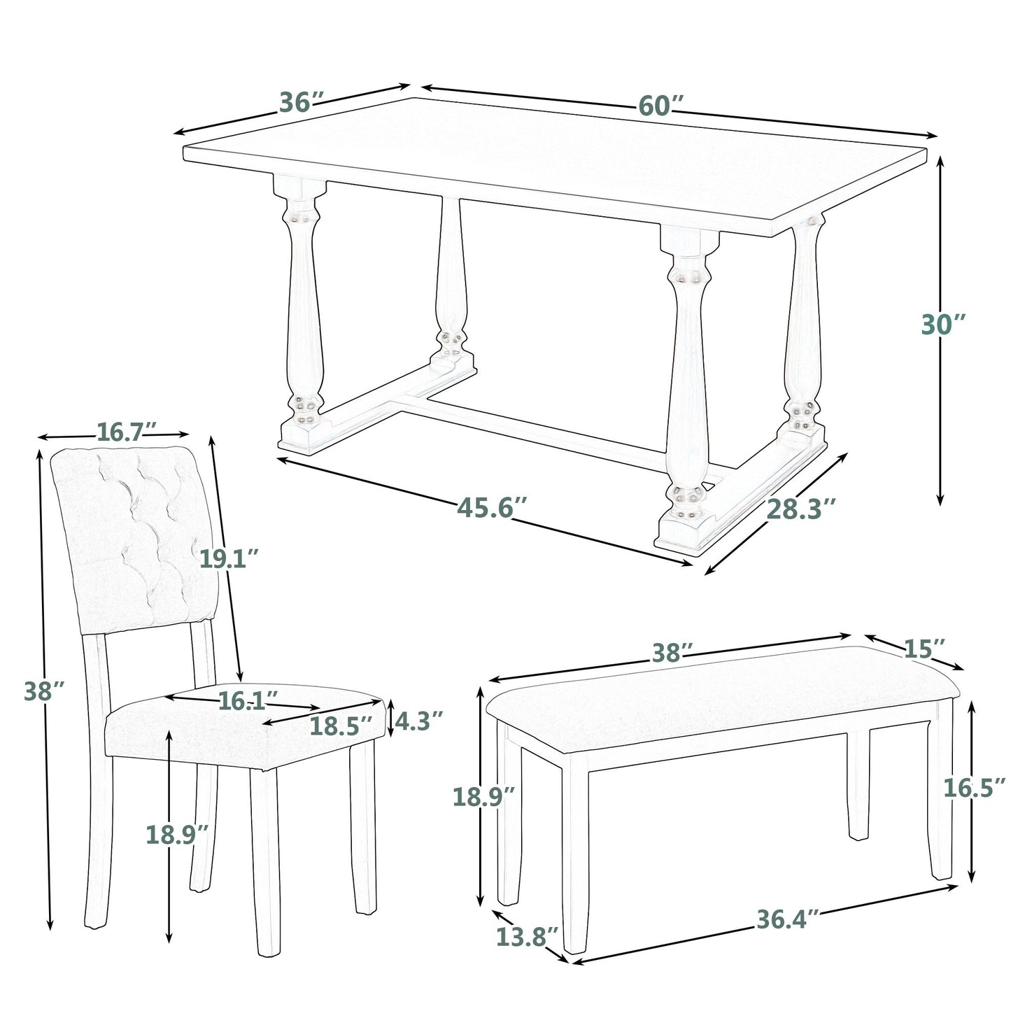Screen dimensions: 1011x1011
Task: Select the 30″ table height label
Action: tap(943, 325)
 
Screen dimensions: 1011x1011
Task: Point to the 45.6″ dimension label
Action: tap(492, 507)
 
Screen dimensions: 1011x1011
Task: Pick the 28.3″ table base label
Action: tap(801, 509)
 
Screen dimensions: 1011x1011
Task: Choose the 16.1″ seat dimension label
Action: tap(248, 701)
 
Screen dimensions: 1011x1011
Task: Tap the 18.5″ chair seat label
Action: tap(341, 726)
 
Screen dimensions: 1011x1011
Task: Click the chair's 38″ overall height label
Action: tap(45, 691)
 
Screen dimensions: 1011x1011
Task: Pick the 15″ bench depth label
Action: tap(925, 649)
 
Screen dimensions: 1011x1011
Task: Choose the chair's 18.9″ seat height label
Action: tap(177, 834)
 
